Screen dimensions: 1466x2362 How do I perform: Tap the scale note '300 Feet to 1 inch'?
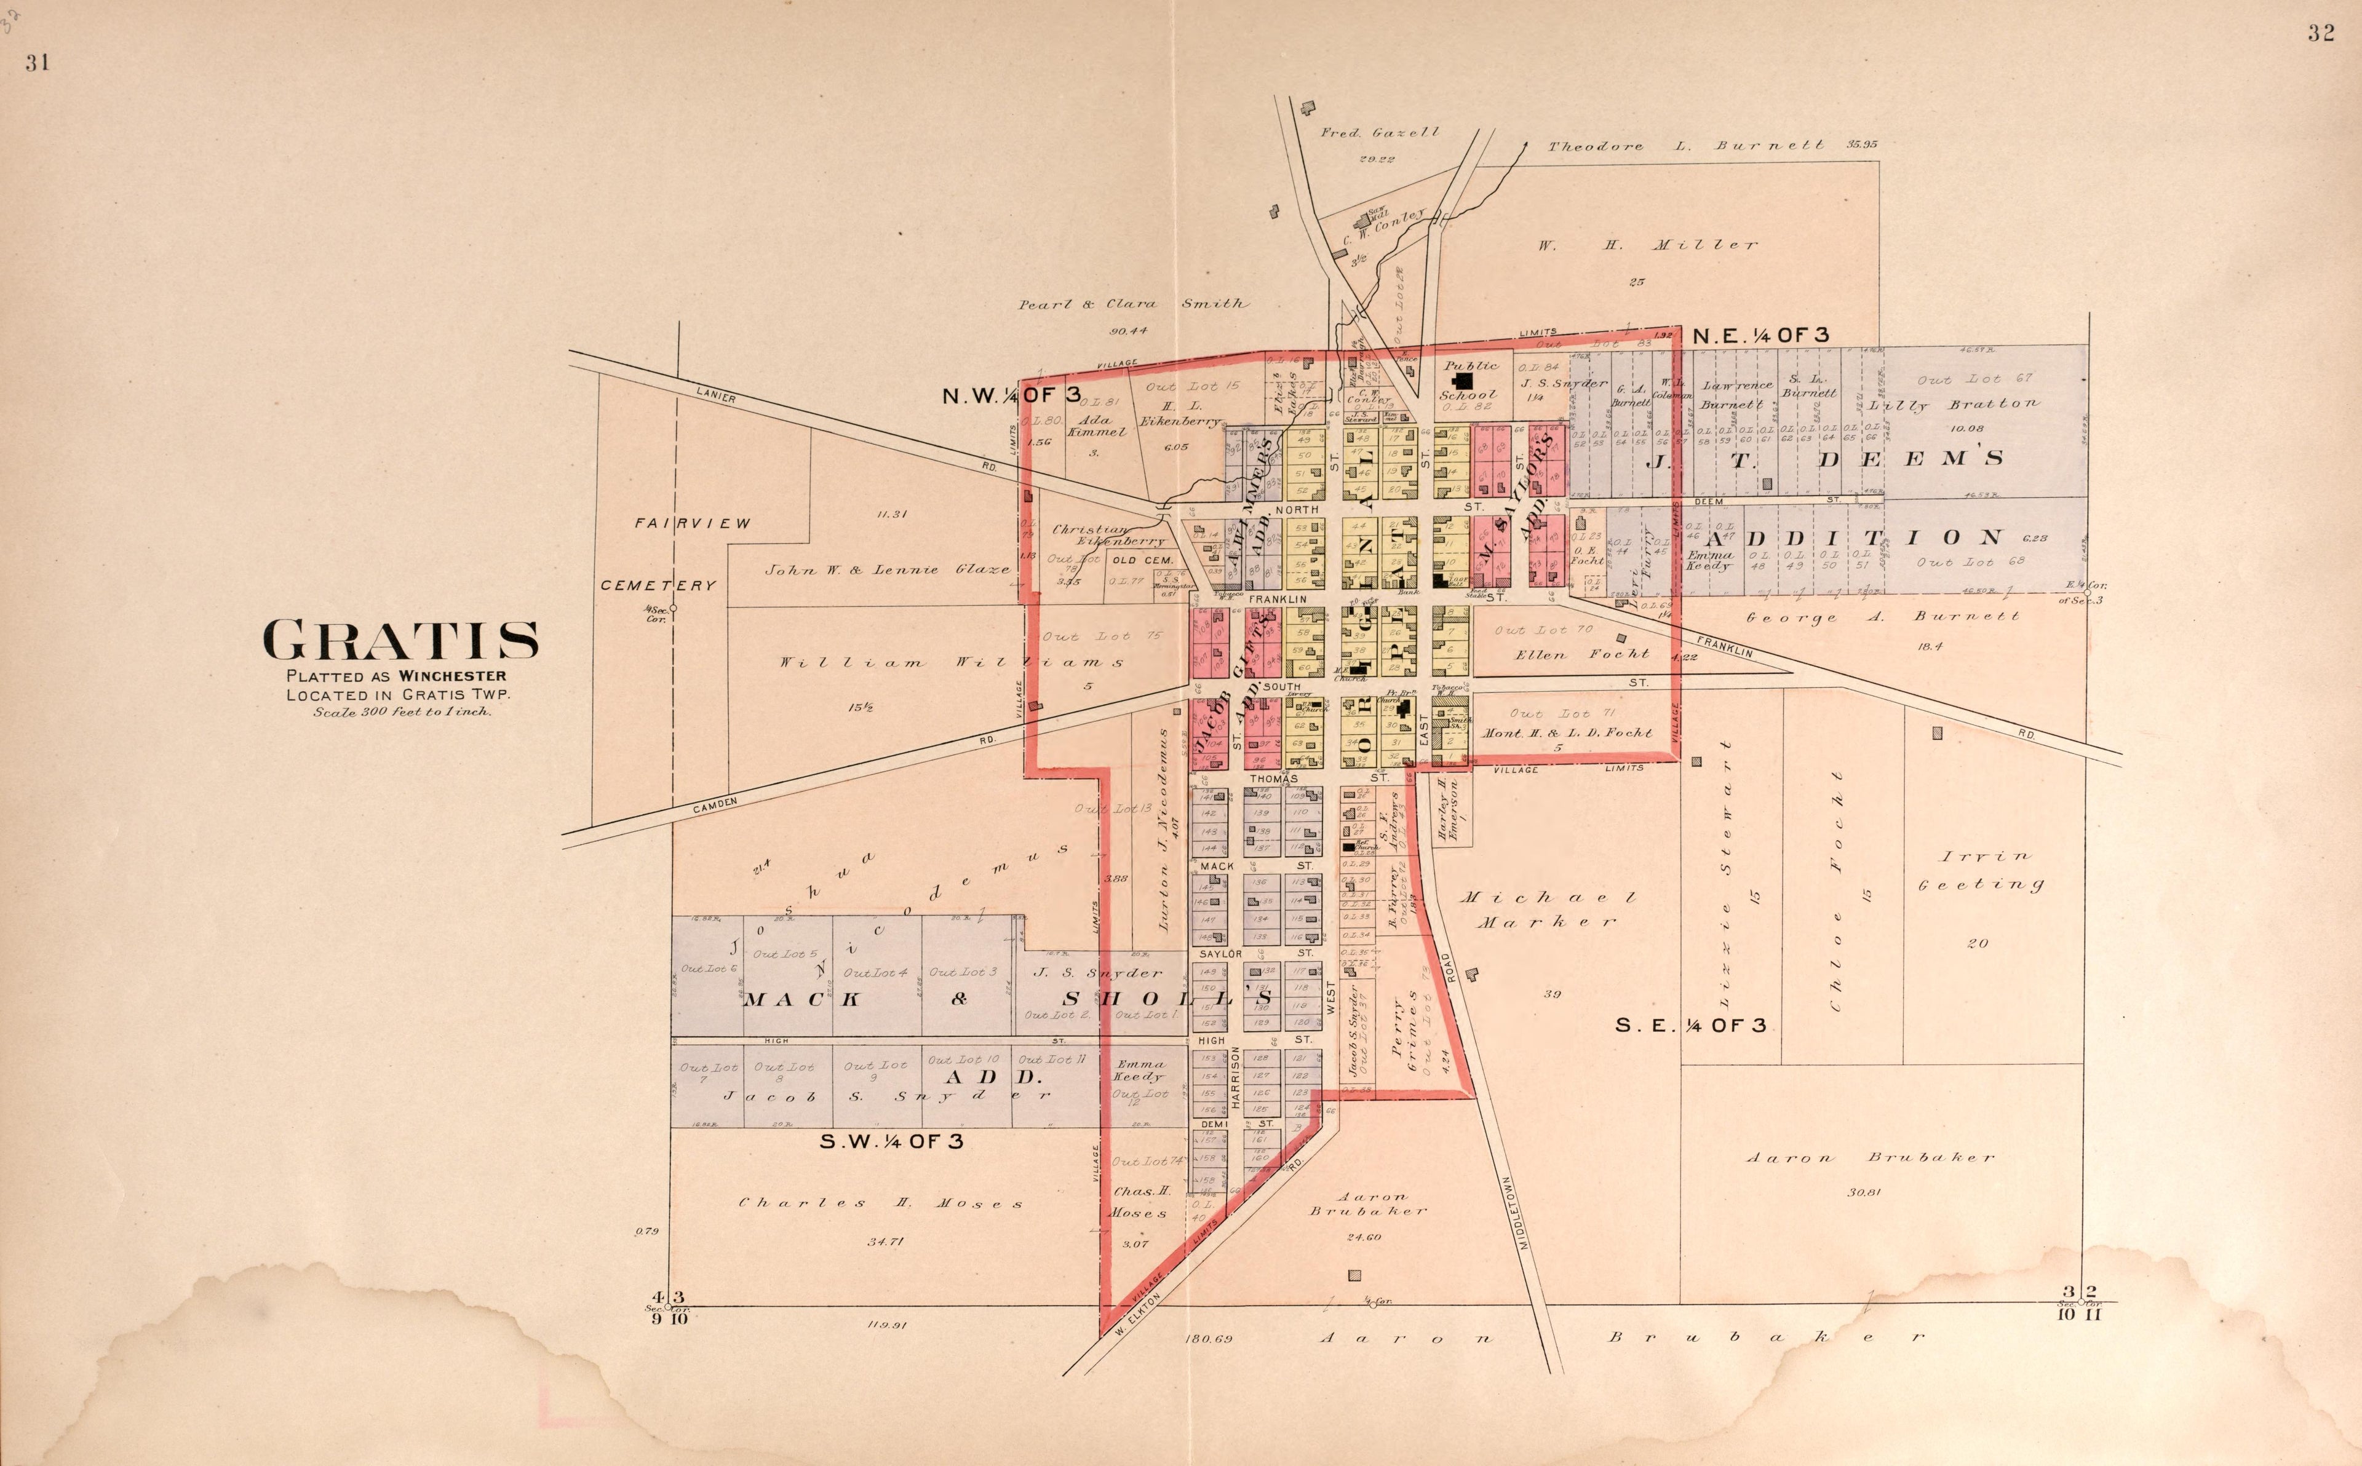(x=402, y=711)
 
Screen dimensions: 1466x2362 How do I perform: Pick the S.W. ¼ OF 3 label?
(x=891, y=1141)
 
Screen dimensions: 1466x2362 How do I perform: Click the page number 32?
(x=2320, y=34)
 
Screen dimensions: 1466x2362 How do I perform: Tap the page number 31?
(x=37, y=63)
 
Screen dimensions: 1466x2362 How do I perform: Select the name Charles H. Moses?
(x=880, y=1203)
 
